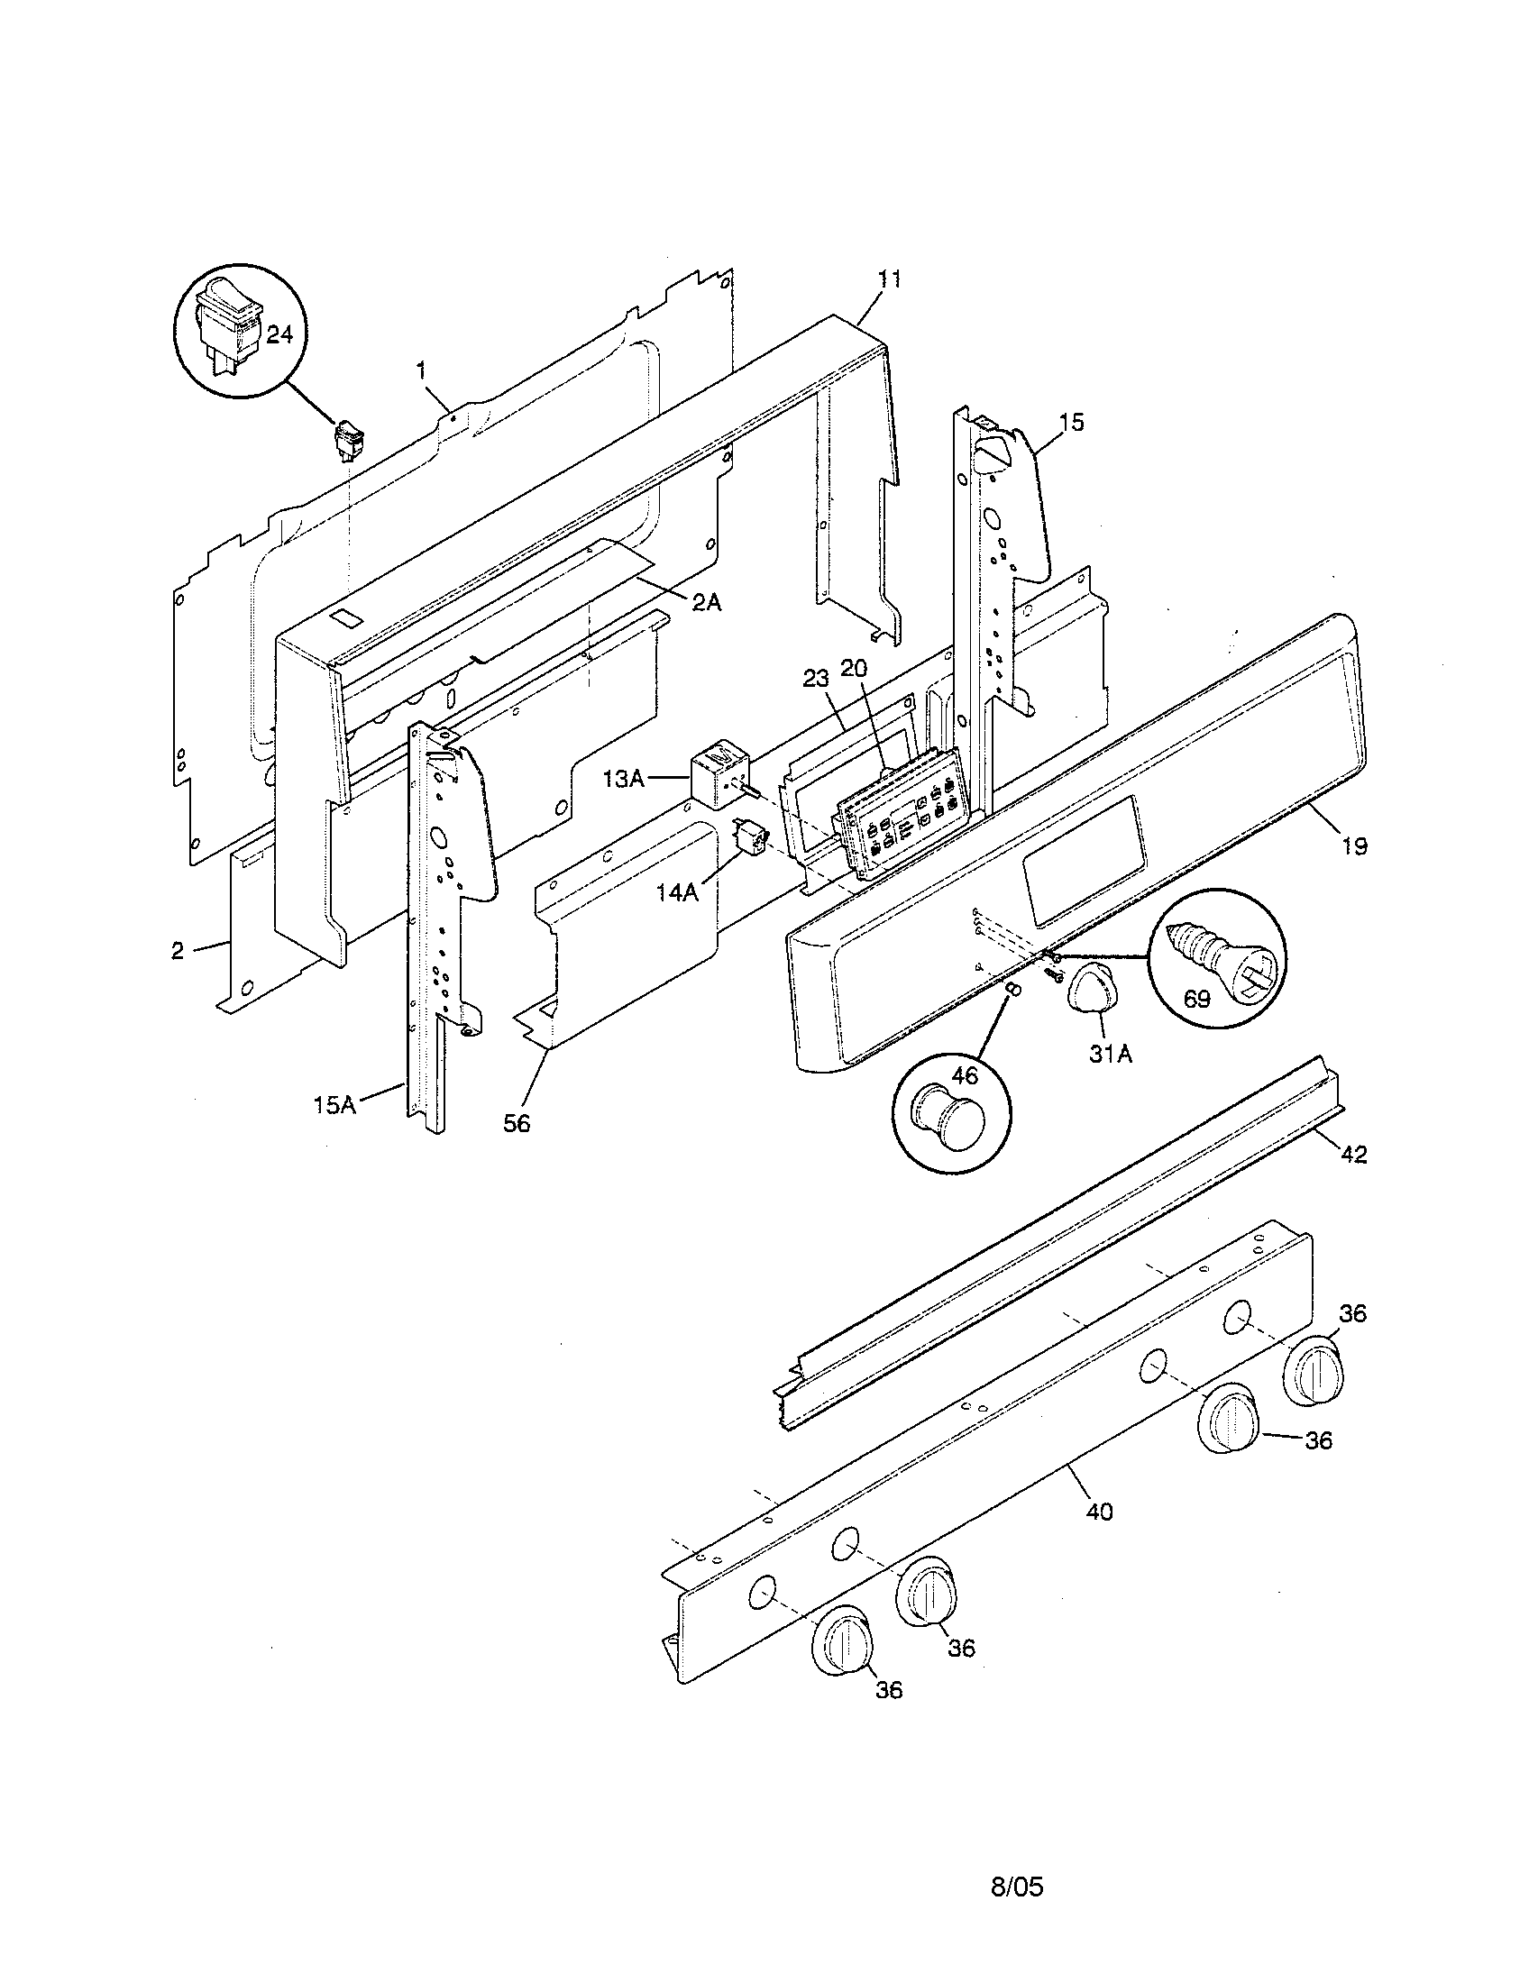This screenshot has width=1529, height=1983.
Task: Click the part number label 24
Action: (279, 335)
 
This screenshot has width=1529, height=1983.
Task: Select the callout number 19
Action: (1354, 846)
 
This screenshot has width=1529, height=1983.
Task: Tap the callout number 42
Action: (1353, 1155)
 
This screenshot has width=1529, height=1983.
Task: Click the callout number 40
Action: (1099, 1512)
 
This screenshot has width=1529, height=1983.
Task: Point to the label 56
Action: (517, 1124)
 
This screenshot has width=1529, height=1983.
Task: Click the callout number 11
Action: (890, 279)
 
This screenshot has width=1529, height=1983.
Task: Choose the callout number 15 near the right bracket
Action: (1071, 422)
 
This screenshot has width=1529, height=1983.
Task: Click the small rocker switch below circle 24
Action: (348, 440)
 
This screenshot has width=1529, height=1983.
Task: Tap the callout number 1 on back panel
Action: (421, 370)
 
